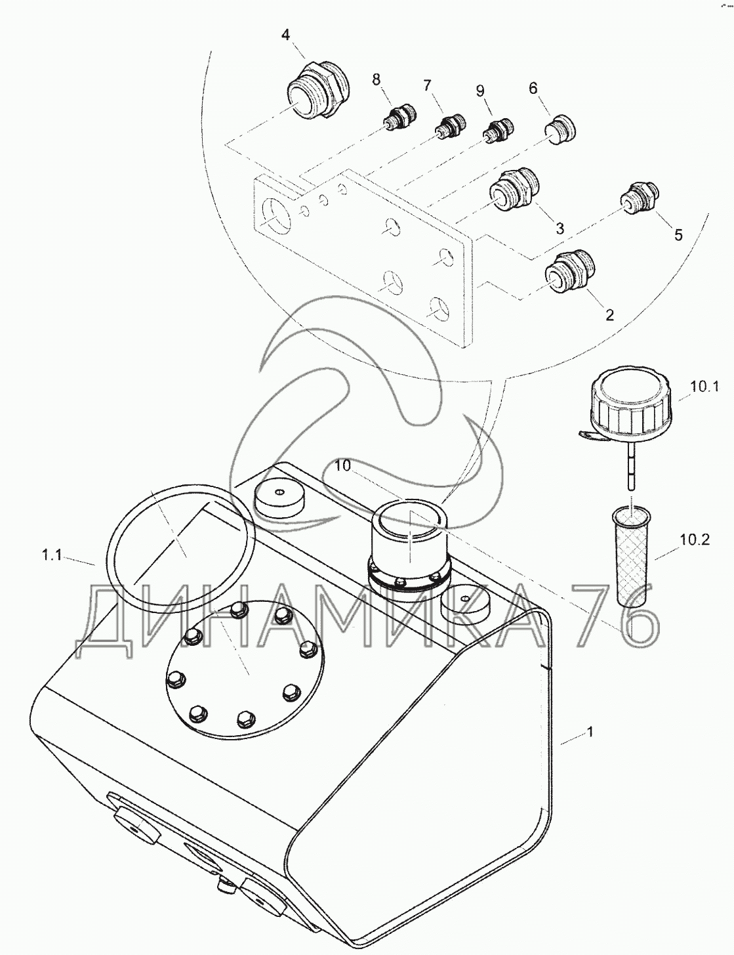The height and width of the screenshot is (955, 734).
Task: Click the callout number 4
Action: pos(286,35)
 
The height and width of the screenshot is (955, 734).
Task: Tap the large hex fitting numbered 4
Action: pos(317,91)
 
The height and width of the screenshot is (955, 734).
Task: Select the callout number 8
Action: pos(377,79)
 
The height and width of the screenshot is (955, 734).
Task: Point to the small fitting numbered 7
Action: pos(449,124)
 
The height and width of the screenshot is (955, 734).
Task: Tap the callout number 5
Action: pos(678,235)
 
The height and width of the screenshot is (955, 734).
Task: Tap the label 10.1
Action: pos(704,387)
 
